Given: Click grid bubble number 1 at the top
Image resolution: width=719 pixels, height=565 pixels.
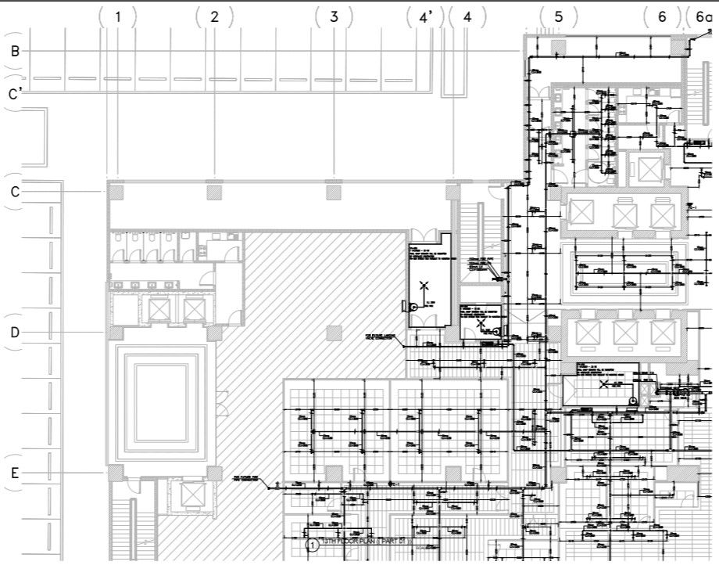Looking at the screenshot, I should click(118, 17).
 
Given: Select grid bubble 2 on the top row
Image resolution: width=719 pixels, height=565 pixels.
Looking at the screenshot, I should click(214, 17).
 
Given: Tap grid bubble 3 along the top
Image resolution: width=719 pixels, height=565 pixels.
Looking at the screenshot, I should click(334, 17).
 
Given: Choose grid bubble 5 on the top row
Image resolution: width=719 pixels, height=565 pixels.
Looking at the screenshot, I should click(559, 17).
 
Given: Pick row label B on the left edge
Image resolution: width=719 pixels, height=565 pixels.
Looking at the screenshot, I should click(14, 51).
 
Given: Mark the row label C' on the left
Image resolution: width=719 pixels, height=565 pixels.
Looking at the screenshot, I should click(16, 95).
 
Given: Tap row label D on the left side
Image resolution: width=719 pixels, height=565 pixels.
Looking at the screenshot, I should click(14, 333).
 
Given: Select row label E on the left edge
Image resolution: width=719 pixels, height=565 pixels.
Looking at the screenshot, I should click(14, 473).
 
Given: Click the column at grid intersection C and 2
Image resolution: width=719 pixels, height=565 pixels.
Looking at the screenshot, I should click(214, 190).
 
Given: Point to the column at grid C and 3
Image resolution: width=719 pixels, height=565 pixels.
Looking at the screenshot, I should click(334, 190).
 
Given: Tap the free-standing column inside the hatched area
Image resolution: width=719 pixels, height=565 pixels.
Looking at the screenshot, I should click(334, 333).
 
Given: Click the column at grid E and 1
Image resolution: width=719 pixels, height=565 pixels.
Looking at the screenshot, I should click(116, 473).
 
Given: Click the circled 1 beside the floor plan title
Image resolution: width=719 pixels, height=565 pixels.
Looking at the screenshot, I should click(311, 545).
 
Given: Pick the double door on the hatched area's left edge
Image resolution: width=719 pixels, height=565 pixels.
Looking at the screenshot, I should click(223, 402).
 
